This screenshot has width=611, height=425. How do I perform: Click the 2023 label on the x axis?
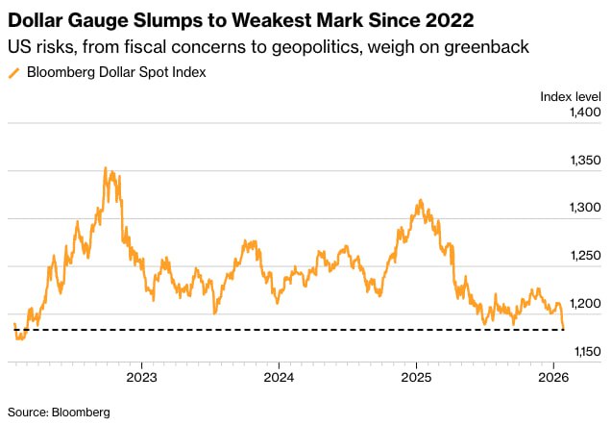click(x=141, y=377)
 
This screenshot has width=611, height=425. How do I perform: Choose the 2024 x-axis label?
click(x=279, y=377)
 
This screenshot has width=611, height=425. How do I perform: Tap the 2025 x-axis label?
click(x=416, y=377)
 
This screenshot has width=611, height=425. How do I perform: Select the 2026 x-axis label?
click(x=552, y=377)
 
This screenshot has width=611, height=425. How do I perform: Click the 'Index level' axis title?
click(x=571, y=95)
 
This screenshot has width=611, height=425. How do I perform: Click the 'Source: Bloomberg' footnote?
click(x=59, y=412)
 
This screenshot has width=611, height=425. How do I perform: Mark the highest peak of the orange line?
click(x=105, y=168)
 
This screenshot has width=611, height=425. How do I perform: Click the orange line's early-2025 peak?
click(x=420, y=201)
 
